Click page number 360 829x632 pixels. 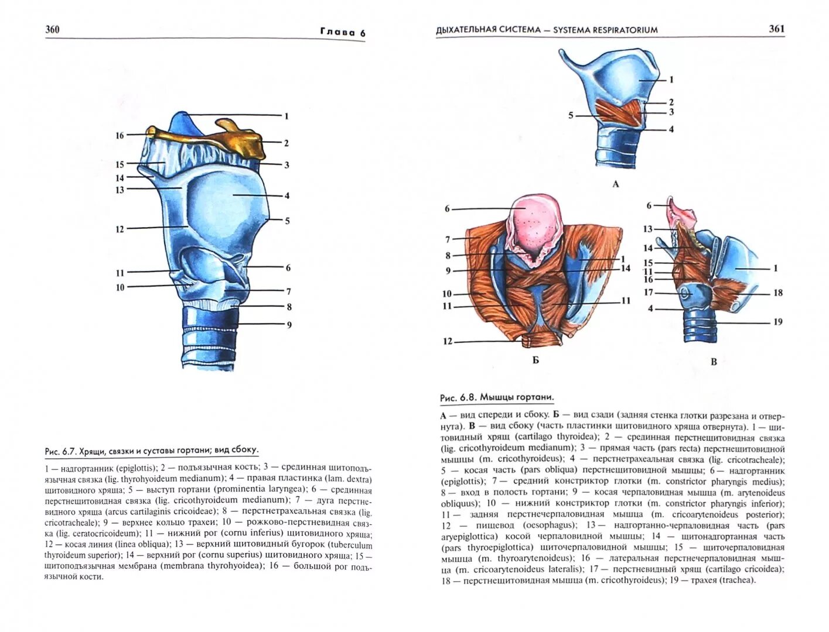(53, 29)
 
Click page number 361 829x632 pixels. (776, 29)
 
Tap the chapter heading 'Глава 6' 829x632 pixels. (343, 33)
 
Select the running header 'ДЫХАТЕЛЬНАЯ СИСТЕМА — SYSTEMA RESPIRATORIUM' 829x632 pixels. (547, 30)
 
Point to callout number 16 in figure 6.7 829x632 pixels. (120, 135)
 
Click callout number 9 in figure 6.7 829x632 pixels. (288, 325)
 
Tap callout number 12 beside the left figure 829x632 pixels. (120, 229)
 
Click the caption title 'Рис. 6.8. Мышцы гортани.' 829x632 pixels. (497, 397)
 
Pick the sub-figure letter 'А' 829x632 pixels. (615, 184)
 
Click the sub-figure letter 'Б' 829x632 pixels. (535, 360)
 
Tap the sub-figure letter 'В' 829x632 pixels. (714, 362)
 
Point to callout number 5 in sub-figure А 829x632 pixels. (571, 116)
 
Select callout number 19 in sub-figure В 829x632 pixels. (777, 322)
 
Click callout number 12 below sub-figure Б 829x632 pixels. (448, 341)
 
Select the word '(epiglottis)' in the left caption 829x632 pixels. (136, 468)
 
